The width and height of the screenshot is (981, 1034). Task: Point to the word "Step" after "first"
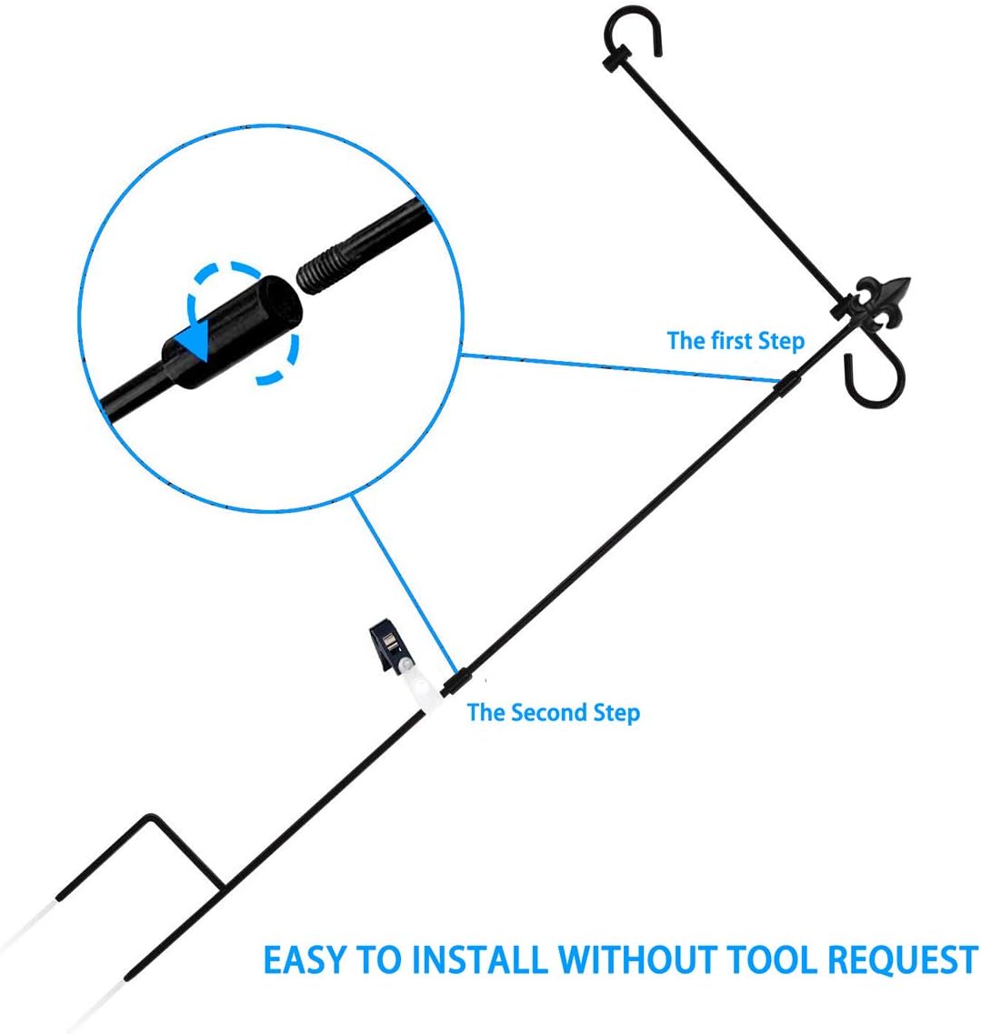click(781, 341)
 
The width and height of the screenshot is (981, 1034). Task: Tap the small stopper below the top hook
click(616, 63)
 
